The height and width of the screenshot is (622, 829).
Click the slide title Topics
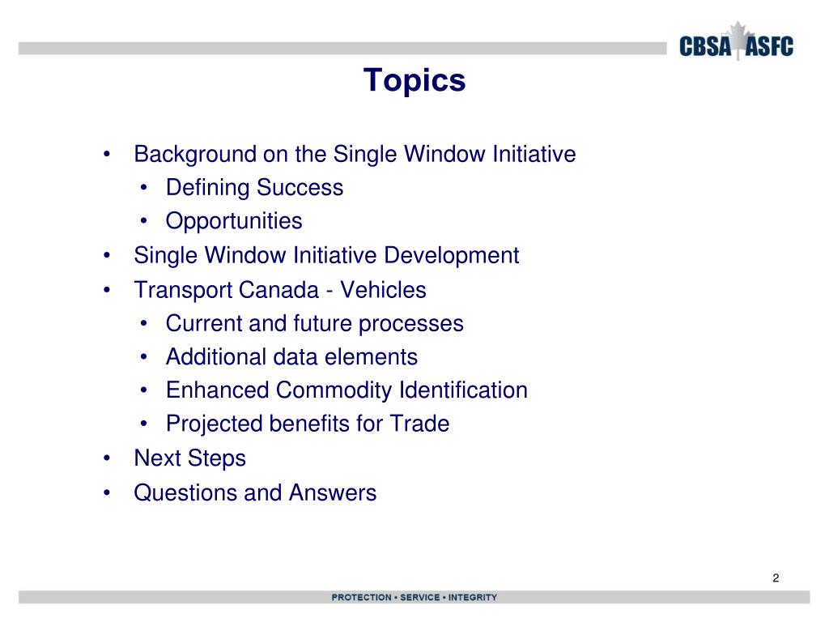(x=414, y=81)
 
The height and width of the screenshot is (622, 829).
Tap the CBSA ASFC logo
(x=735, y=45)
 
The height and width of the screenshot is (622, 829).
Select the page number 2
(x=776, y=577)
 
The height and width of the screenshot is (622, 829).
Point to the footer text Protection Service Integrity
(x=414, y=598)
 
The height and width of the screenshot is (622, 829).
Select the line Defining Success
(x=254, y=188)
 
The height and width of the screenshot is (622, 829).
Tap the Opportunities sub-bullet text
(x=234, y=221)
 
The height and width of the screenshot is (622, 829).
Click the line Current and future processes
(x=314, y=324)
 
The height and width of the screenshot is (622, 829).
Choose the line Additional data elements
(x=291, y=357)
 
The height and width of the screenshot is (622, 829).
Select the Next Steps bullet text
(x=189, y=458)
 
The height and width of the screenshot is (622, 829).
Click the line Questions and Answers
(x=255, y=492)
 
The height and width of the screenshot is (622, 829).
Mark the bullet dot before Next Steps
(x=108, y=459)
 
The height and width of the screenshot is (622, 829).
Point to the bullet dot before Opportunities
(x=143, y=222)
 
